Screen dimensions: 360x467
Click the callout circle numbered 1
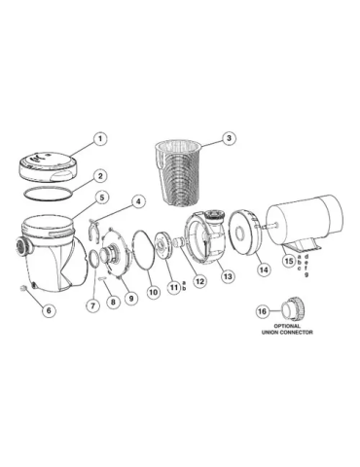100,139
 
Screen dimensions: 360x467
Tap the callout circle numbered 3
229,138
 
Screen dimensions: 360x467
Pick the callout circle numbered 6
49,310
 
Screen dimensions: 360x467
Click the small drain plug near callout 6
23,288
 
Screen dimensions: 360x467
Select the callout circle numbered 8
113,302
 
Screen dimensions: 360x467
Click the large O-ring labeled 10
132,250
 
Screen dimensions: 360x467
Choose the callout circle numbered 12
199,281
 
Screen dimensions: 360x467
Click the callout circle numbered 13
228,276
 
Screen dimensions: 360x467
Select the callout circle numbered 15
289,260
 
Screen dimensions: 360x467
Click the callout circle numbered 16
262,311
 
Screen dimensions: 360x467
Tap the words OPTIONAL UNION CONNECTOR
287,329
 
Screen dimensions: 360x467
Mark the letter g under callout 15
306,274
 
